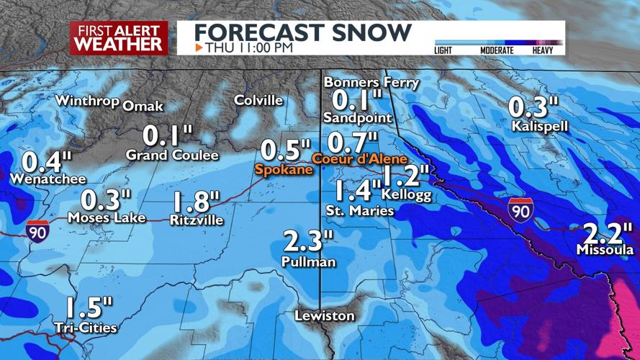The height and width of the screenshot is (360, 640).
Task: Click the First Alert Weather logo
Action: [x=119, y=37]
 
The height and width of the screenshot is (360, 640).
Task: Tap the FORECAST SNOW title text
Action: [x=303, y=32]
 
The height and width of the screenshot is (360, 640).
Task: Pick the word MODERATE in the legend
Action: [x=497, y=50]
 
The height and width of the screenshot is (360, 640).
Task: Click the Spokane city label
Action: [x=284, y=170]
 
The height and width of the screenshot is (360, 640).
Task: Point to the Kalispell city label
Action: [x=540, y=126]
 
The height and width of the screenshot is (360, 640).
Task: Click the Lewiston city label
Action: [x=325, y=315]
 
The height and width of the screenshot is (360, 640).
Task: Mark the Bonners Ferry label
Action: [x=371, y=82]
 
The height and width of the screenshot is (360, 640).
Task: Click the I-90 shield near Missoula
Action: [x=520, y=208]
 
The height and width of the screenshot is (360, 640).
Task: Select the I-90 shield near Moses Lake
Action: [x=39, y=230]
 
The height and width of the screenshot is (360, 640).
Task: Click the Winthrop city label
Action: [x=87, y=100]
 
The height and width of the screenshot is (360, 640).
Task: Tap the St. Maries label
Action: [x=360, y=211]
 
